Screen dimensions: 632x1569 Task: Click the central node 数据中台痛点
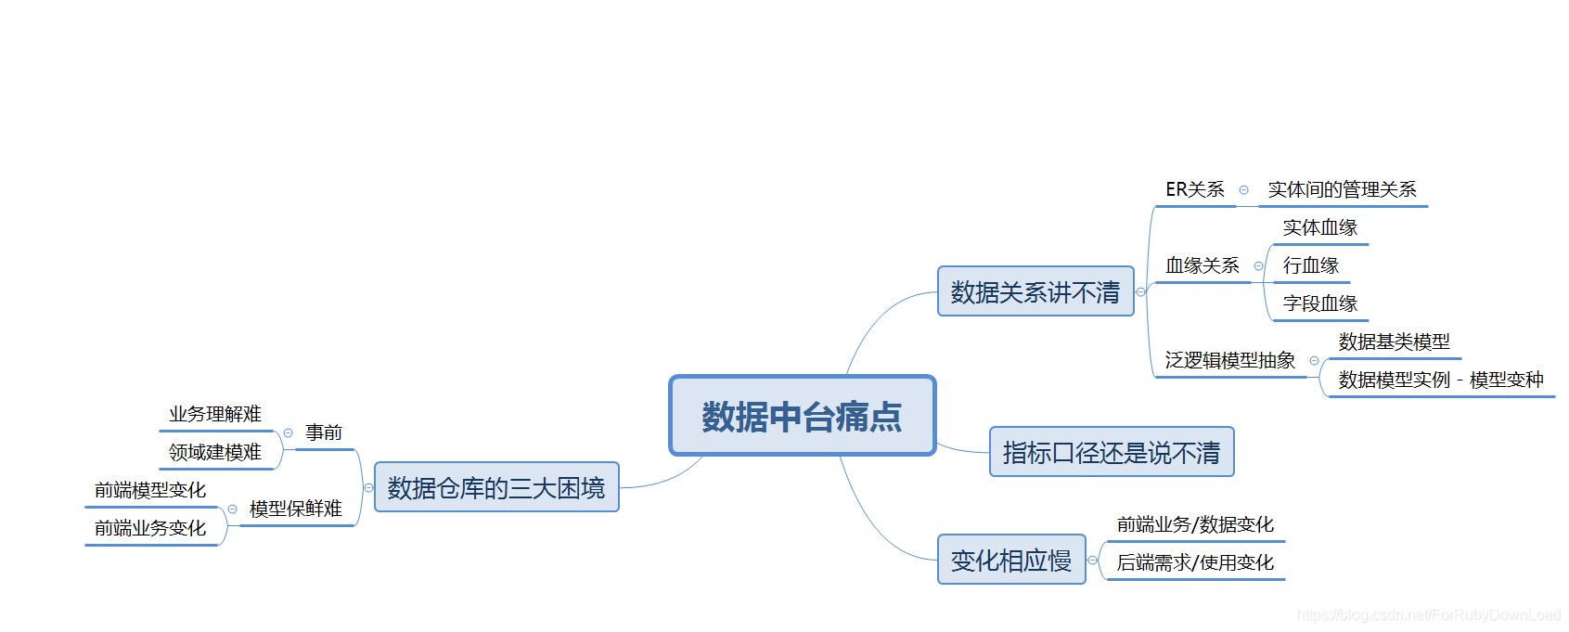coord(802,416)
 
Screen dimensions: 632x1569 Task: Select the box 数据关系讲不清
coord(1035,292)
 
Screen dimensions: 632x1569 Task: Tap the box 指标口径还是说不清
coord(1112,452)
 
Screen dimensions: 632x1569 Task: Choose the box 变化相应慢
coord(1011,560)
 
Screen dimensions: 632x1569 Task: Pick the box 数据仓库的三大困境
coord(496,487)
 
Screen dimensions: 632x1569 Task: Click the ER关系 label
coord(1195,189)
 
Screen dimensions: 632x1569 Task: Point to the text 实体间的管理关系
coord(1342,189)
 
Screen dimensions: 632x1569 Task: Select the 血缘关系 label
coord(1202,265)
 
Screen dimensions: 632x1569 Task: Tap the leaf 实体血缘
coord(1319,227)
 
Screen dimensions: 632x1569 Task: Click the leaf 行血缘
coord(1310,265)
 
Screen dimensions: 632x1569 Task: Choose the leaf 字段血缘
coord(1319,303)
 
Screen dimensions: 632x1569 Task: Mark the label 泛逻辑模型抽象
coord(1230,360)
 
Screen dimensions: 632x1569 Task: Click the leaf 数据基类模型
coord(1394,342)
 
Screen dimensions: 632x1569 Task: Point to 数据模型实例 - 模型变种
coord(1441,380)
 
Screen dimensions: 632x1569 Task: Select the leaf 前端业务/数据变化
coord(1195,524)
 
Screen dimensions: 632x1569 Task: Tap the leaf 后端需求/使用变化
coord(1195,562)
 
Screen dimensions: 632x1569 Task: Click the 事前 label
coord(324,432)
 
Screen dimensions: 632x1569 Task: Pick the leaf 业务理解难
coord(215,414)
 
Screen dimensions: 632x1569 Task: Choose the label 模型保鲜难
coord(296,509)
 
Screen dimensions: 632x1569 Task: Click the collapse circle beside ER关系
coord(1243,190)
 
